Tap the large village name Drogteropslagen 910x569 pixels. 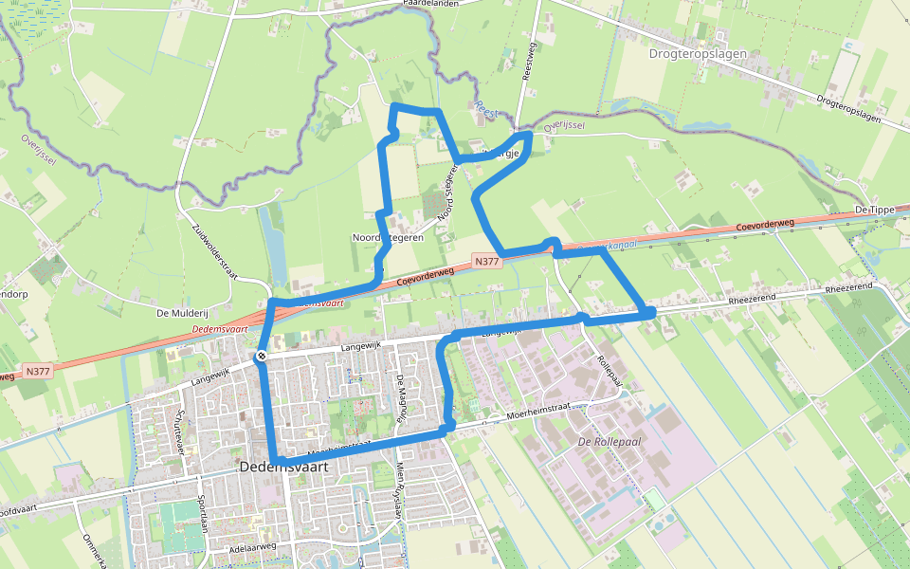698,54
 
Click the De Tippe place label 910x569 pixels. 874,209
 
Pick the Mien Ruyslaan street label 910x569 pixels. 399,491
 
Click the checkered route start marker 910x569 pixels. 262,356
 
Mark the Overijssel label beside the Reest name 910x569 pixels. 564,124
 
